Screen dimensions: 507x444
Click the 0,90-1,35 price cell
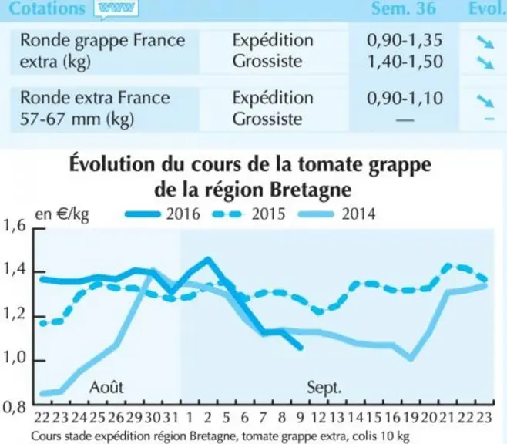pos(405,40)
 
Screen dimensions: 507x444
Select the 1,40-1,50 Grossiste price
pos(405,62)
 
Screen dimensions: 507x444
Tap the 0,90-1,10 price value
pos(405,98)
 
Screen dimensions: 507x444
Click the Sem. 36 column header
pos(403,8)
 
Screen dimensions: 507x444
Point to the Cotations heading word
pos(47,8)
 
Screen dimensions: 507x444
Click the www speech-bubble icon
pos(116,8)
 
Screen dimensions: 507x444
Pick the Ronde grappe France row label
pos(102,41)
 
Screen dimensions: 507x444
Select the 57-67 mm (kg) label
pos(77,119)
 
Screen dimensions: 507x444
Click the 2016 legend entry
pos(163,214)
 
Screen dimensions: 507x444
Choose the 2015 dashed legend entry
pos(249,214)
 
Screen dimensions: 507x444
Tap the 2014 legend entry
pos(337,214)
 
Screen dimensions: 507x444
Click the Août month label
pos(106,386)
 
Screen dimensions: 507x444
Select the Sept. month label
pos(324,387)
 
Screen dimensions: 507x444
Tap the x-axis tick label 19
pos(411,418)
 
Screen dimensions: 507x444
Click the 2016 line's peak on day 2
pos(207,259)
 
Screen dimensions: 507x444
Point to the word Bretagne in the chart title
pos(311,190)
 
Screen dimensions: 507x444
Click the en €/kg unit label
pos(62,214)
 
